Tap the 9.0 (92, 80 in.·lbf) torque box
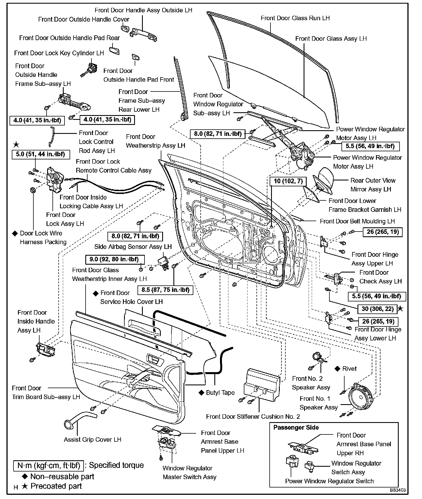(x=114, y=259)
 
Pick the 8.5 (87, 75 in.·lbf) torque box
(x=165, y=290)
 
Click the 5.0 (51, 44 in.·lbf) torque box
(x=41, y=154)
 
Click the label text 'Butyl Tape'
(x=220, y=393)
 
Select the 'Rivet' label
(x=349, y=369)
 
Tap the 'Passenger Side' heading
(x=296, y=427)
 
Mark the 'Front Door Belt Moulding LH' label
(x=357, y=221)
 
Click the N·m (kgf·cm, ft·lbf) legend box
(x=49, y=466)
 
